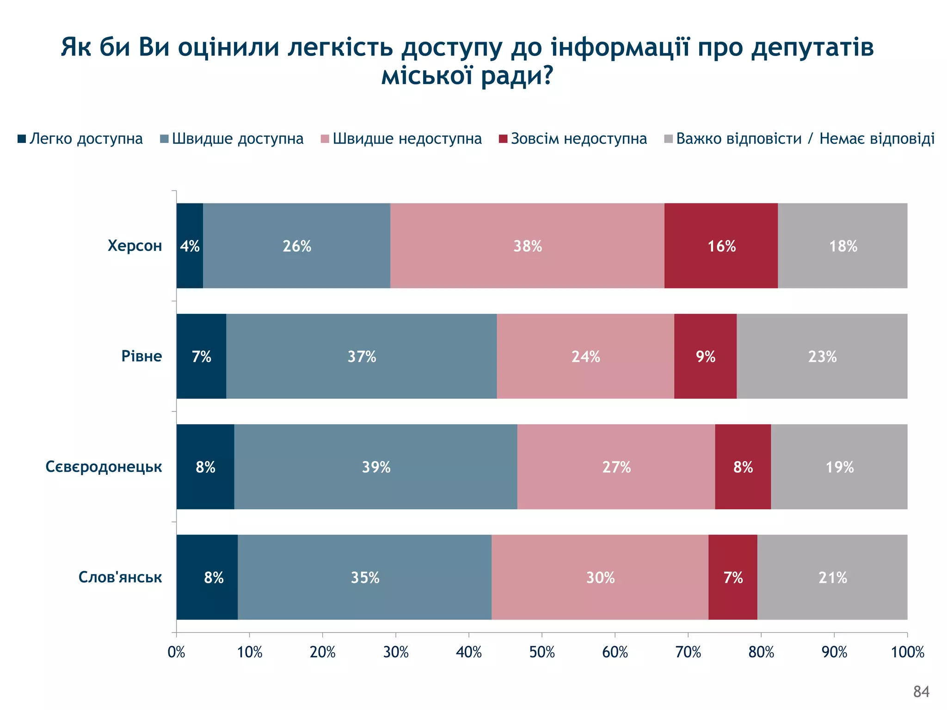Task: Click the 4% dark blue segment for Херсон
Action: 190,245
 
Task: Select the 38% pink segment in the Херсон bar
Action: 527,245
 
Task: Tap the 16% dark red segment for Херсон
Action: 721,245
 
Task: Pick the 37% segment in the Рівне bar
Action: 362,356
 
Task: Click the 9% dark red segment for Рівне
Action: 705,356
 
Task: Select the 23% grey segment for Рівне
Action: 822,356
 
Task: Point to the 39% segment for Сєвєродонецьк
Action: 375,467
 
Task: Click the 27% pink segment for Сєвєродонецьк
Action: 616,467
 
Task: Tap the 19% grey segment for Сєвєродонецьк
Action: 839,467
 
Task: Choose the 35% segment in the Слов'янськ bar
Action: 364,577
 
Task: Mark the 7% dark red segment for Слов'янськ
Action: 732,577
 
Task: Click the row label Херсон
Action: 135,245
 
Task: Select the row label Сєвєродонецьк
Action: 104,467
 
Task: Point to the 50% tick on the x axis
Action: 542,652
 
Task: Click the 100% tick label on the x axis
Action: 907,652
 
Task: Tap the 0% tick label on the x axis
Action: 176,652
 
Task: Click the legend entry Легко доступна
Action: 80,139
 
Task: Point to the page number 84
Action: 921,692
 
